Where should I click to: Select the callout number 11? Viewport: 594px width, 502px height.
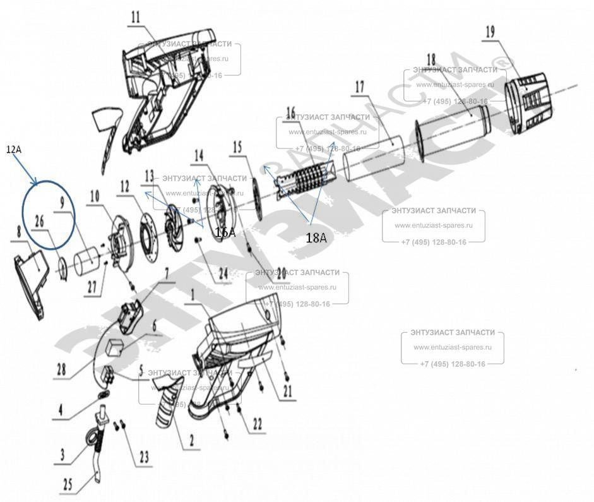click(x=135, y=18)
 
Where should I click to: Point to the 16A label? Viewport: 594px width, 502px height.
click(x=225, y=232)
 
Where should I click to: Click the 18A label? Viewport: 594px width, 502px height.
click(x=316, y=238)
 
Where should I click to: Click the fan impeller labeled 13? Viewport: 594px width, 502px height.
click(x=172, y=219)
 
